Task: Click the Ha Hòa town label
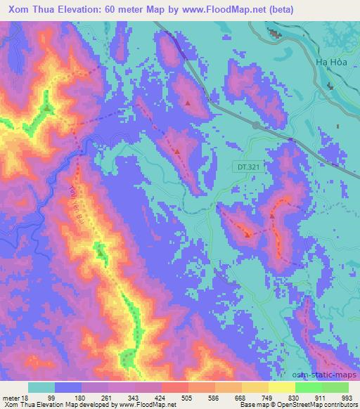[x=330, y=61]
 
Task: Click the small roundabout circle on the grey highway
[x=256, y=126]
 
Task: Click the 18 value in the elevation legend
[x=28, y=397]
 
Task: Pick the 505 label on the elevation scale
[x=188, y=397]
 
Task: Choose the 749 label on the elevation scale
[x=269, y=397]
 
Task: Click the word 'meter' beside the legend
[x=12, y=397]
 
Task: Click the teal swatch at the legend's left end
[x=41, y=387]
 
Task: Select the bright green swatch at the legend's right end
[x=335, y=387]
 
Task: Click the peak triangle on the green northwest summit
[x=47, y=108]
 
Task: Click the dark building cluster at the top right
[x=273, y=32]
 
